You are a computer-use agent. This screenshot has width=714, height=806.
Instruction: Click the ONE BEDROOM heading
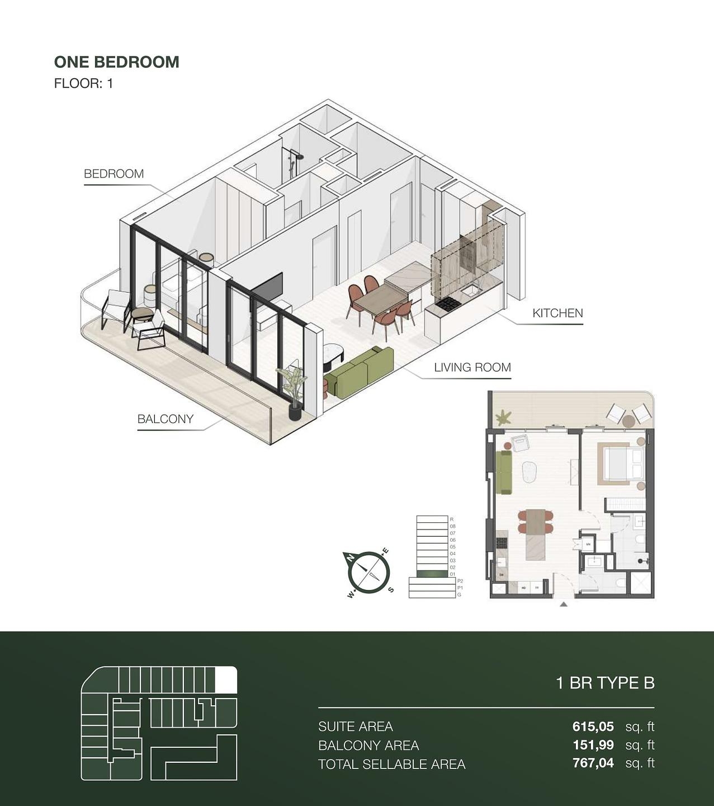(116, 62)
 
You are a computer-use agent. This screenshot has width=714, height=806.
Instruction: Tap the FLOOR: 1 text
(83, 83)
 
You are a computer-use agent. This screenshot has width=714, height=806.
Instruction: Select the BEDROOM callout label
(114, 174)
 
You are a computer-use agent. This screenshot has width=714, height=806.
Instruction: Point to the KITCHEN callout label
(557, 313)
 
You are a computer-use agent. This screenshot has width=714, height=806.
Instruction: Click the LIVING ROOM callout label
(472, 368)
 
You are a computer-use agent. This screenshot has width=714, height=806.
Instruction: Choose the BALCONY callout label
(166, 419)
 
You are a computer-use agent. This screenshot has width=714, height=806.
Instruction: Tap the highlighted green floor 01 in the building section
(433, 574)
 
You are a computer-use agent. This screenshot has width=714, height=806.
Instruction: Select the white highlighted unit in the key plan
(226, 680)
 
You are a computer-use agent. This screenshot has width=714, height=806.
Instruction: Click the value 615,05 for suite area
(593, 727)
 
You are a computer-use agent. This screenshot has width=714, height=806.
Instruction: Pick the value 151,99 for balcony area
(593, 745)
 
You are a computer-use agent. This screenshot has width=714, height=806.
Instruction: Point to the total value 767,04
(593, 763)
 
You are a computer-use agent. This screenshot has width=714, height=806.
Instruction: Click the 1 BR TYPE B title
(605, 683)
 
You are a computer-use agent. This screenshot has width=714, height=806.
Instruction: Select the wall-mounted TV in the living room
(267, 288)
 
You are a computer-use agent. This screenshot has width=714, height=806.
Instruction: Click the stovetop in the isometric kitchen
(448, 304)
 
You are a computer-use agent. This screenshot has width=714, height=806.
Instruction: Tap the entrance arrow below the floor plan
(564, 604)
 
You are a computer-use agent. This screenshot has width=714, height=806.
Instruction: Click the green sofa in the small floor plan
(504, 472)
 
